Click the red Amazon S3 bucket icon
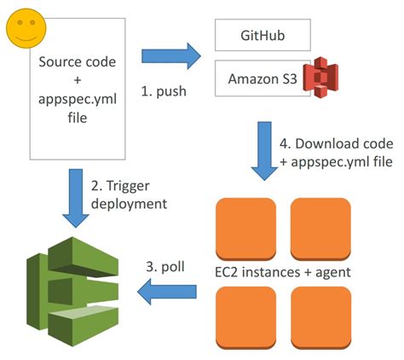(320, 78)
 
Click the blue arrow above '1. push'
(170, 57)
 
